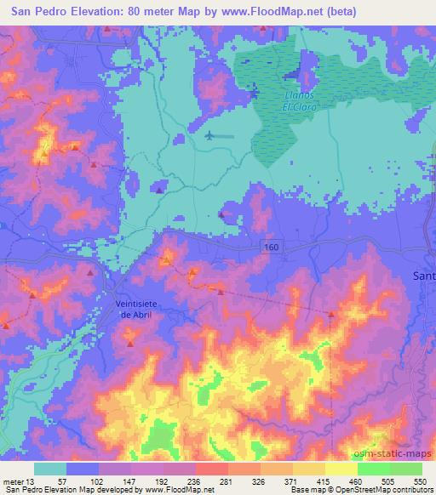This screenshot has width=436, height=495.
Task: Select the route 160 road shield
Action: pyautogui.click(x=269, y=245)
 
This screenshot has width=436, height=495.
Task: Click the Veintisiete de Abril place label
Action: pyautogui.click(x=135, y=309)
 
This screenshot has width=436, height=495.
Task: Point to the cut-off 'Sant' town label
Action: pyautogui.click(x=423, y=276)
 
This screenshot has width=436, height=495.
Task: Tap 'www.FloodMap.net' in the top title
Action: pyautogui.click(x=277, y=12)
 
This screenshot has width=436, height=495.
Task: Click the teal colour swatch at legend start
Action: pyautogui.click(x=50, y=469)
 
